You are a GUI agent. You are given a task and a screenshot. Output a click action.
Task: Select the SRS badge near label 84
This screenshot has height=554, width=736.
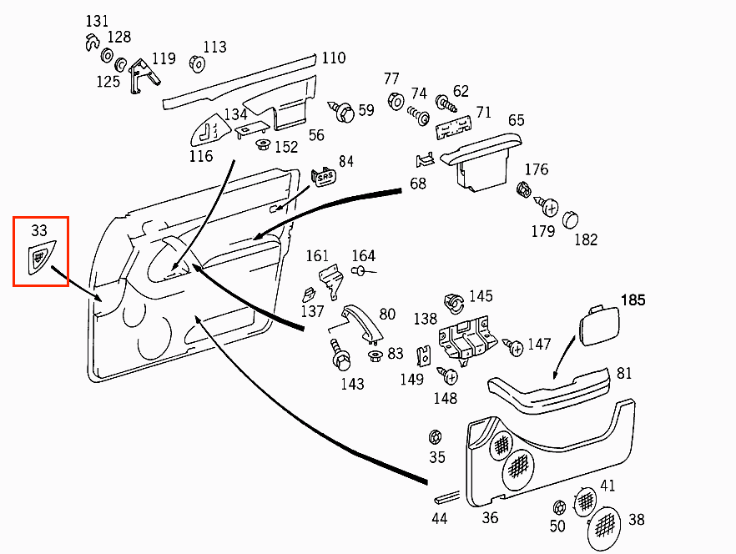[x=322, y=177]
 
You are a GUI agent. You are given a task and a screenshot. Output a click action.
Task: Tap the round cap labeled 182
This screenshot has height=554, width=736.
[x=570, y=219]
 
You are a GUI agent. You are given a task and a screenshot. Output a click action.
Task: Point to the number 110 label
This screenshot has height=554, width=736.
[x=333, y=58]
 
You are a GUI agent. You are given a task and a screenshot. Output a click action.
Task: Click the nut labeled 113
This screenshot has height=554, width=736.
[x=198, y=64]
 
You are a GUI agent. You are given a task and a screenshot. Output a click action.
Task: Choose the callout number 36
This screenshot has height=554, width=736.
[x=490, y=518]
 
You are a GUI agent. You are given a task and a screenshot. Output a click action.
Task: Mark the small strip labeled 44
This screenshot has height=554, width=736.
[x=446, y=497]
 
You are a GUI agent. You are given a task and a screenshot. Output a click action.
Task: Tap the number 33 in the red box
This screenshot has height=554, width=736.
[x=39, y=231]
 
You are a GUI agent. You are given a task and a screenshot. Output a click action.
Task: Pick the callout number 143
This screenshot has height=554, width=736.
[x=352, y=384]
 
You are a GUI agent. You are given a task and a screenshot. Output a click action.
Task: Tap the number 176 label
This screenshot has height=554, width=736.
[x=536, y=170]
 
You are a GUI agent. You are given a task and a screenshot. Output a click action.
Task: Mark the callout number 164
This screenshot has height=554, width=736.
[x=363, y=256]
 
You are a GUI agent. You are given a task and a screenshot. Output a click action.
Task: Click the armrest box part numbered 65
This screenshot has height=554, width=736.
[x=484, y=159]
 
